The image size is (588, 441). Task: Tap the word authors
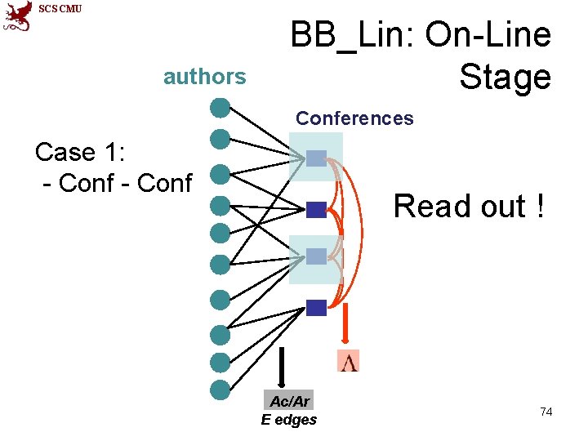[x=204, y=77]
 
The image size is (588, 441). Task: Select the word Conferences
[x=354, y=118]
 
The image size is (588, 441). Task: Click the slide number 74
[x=546, y=412]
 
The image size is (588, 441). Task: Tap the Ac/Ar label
[x=289, y=401]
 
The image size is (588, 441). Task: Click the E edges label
[x=289, y=420]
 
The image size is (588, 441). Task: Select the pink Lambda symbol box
[x=349, y=360]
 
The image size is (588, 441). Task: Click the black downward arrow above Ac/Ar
[x=281, y=367]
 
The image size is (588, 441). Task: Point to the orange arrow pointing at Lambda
[x=345, y=324]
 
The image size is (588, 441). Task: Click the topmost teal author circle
[x=219, y=107]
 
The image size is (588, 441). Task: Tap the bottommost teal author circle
[x=219, y=390]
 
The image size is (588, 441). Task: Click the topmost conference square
[x=316, y=158]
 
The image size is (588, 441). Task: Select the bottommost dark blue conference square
[x=316, y=307]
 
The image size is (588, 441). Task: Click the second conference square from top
[x=316, y=209]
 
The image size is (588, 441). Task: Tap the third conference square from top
[x=316, y=256]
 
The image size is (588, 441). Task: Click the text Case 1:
[x=77, y=153]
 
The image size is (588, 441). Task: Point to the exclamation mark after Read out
[x=540, y=207]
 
